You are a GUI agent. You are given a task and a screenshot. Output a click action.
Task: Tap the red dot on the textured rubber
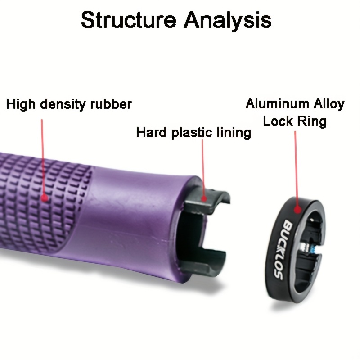point(44,197)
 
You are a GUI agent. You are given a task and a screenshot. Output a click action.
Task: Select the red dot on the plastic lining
point(204,197)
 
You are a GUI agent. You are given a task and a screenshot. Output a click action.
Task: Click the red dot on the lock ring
point(297,208)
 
